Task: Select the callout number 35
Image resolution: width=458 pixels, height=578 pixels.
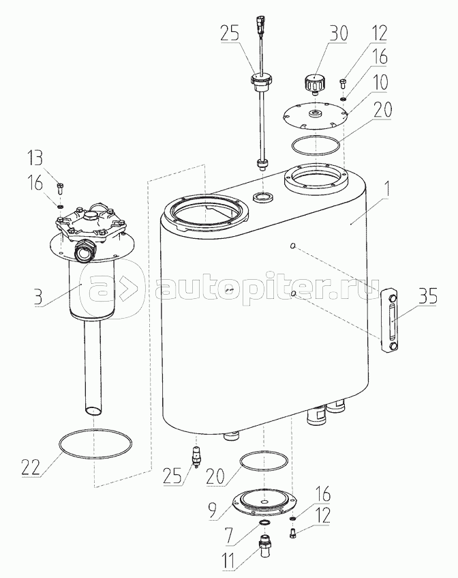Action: tap(427, 296)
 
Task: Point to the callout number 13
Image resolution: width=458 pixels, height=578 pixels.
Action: tap(35, 159)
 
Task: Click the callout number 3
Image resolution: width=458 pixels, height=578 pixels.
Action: tap(38, 297)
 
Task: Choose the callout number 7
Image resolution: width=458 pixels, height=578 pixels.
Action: tap(228, 536)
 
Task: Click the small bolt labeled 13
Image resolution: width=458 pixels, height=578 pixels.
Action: tap(61, 188)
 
